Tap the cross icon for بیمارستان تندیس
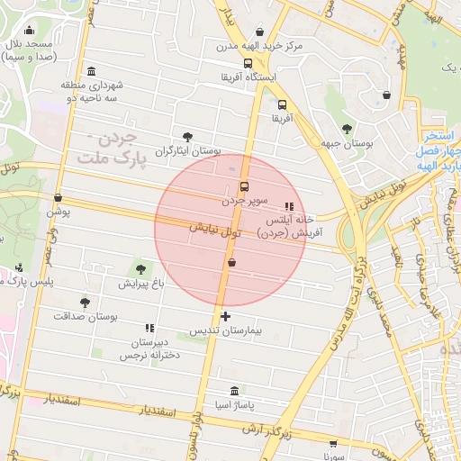coord(224,316)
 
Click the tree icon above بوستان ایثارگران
coord(186,137)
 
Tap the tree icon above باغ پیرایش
coord(140,268)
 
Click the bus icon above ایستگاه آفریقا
coord(248,63)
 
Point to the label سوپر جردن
coord(243,202)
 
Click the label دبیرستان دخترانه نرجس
coord(149,349)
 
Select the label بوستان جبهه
coord(347,144)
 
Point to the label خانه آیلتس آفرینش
coord(289,226)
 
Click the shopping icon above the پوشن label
coord(59,197)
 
